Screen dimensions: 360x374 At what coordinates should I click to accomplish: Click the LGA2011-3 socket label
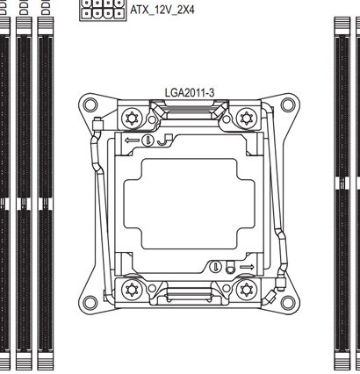pos(190,93)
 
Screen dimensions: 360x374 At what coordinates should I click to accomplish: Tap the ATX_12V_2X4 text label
pos(162,10)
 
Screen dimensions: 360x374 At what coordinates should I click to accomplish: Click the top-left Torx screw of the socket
pos(132,119)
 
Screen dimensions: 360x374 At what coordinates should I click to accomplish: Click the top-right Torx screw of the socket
pos(246,119)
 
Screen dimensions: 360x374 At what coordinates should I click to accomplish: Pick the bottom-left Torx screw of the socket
pos(132,290)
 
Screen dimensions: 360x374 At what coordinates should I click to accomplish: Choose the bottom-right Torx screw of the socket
pos(246,290)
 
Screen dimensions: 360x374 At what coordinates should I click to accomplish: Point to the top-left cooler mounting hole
pos(90,104)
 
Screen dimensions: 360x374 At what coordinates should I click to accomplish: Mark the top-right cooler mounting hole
pos(288,104)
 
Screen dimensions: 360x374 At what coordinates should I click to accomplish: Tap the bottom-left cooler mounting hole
pos(90,303)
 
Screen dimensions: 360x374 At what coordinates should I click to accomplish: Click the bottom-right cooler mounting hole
pos(288,303)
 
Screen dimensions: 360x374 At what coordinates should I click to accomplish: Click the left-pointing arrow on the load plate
pos(132,140)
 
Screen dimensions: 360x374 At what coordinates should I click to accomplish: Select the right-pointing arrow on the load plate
pos(247,267)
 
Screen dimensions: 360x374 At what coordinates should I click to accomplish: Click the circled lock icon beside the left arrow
pos(148,140)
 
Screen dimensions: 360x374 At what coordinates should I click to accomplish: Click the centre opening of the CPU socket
pos(190,204)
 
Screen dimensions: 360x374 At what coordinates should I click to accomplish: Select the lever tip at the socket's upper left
pos(97,124)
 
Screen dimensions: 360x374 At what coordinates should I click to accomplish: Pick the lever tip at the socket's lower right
pos(281,284)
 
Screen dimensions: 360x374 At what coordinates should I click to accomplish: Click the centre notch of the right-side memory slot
pos(342,183)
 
